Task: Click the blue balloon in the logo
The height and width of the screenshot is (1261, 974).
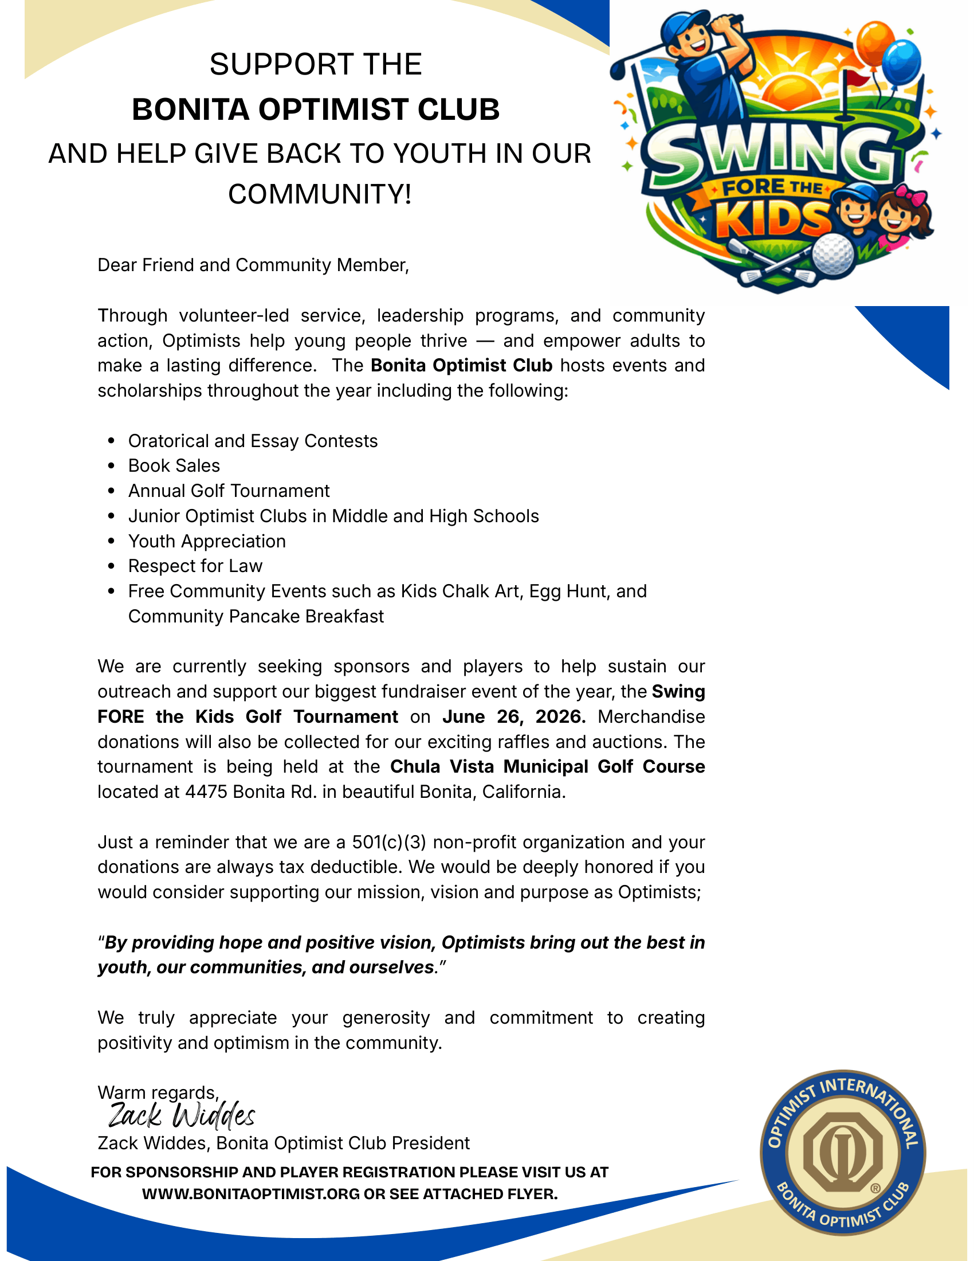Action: click(x=901, y=64)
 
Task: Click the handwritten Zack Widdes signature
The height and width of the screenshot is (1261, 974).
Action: click(x=182, y=1116)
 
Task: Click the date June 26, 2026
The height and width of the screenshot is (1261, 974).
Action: click(x=513, y=716)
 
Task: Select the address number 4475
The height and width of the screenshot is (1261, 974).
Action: click(x=206, y=792)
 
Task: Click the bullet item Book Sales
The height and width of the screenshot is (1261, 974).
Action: click(x=174, y=466)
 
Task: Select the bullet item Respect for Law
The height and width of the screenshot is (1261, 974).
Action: click(x=195, y=566)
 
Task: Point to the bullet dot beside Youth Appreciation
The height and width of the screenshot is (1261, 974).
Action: click(x=112, y=542)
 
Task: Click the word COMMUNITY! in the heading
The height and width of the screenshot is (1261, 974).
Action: click(x=320, y=194)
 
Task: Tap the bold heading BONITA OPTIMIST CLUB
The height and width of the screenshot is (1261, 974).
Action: click(x=316, y=109)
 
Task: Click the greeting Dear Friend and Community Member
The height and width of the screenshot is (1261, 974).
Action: click(x=253, y=265)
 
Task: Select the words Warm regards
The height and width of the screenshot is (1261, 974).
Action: click(x=157, y=1092)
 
